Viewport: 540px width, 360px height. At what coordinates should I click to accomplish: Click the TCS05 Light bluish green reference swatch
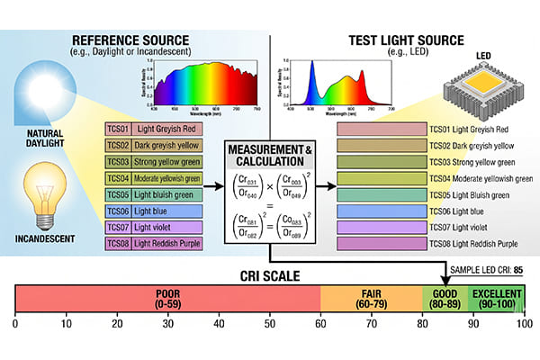(x=152, y=194)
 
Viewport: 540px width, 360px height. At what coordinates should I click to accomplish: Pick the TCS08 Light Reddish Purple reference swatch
(x=152, y=243)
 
